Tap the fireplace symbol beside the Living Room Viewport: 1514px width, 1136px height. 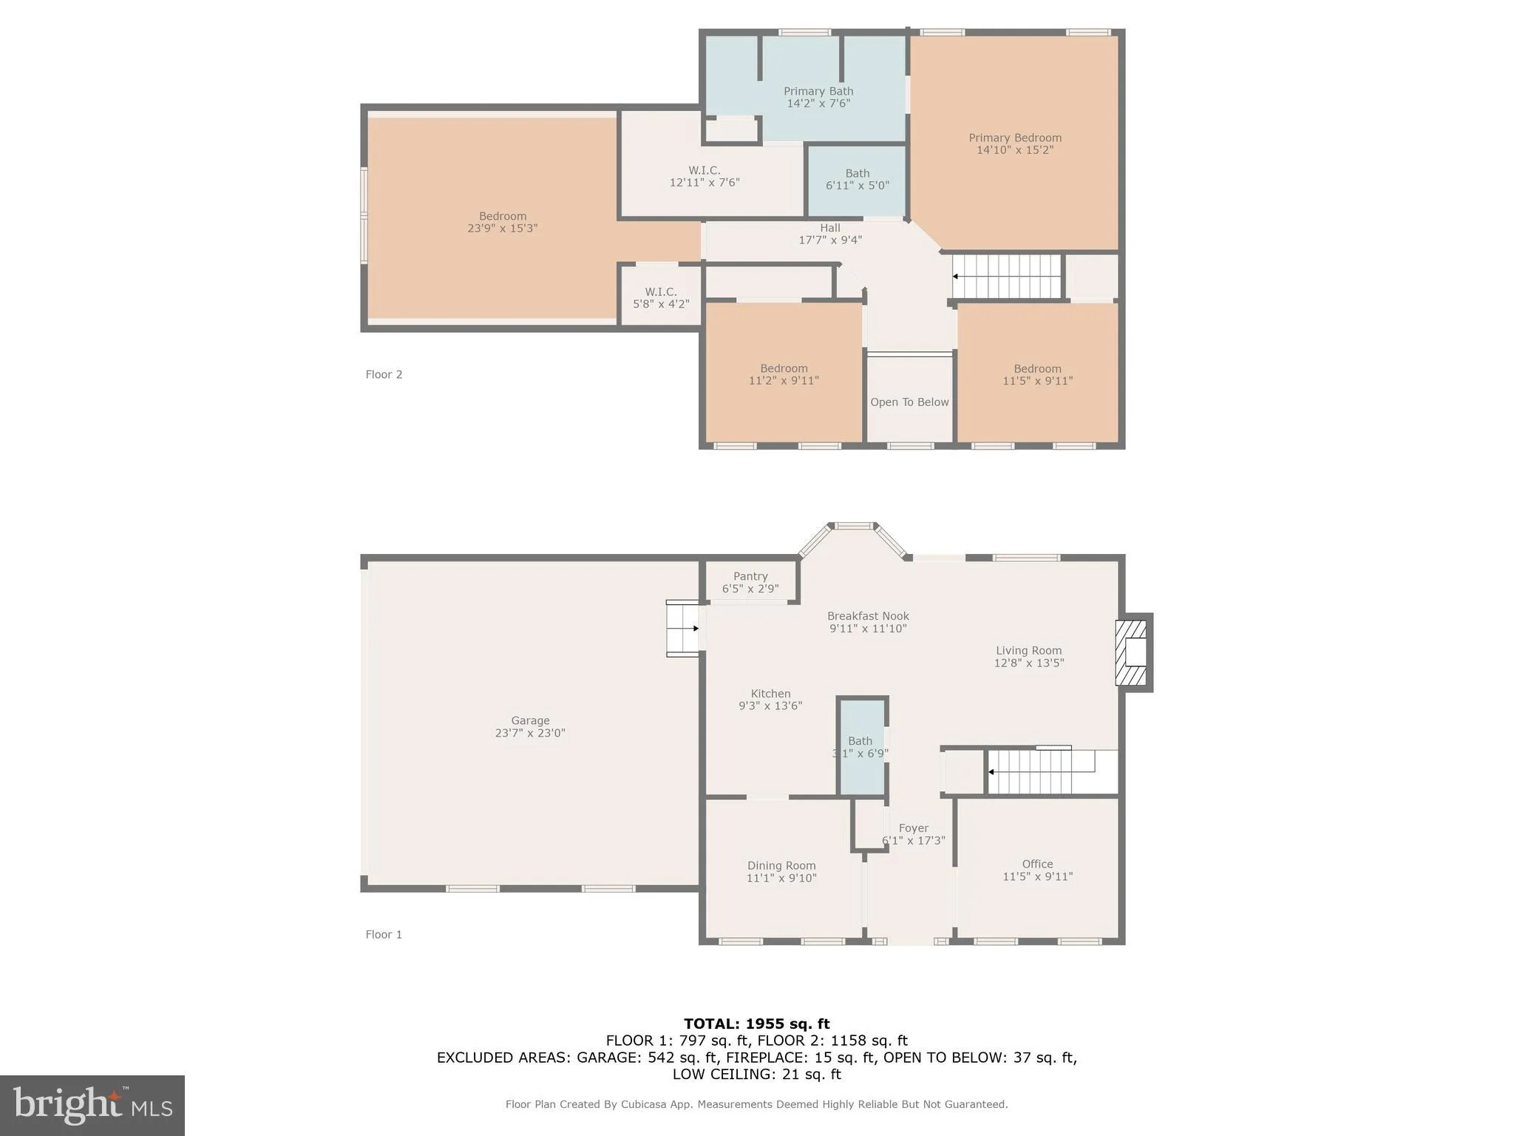coord(1132,652)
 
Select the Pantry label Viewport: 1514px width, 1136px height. coord(750,576)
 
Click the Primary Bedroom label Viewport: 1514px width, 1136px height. coord(1015,138)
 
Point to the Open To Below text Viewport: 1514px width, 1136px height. coord(909,402)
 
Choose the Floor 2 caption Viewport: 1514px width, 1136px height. coord(384,374)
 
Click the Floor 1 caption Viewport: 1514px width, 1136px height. coord(384,934)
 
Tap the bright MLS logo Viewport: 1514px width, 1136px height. coord(92,1105)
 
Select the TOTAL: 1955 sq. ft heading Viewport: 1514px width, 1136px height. coord(756,1024)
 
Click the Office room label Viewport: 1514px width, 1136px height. coord(1037,864)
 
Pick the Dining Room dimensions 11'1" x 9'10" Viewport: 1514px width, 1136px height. coord(781,878)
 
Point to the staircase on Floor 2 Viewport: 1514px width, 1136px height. coord(1007,277)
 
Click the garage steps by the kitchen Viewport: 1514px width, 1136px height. coord(683,629)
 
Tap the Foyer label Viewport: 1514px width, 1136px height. coord(914,828)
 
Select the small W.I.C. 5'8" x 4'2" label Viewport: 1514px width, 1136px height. coord(661,298)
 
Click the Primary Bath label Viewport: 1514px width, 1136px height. coord(818,92)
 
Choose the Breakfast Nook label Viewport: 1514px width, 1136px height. coord(868,616)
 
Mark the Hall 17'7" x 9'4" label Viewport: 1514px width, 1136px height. coord(830,234)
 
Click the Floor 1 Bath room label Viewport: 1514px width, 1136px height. coord(860,741)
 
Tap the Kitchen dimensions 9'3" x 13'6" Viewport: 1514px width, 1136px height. coord(770,706)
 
